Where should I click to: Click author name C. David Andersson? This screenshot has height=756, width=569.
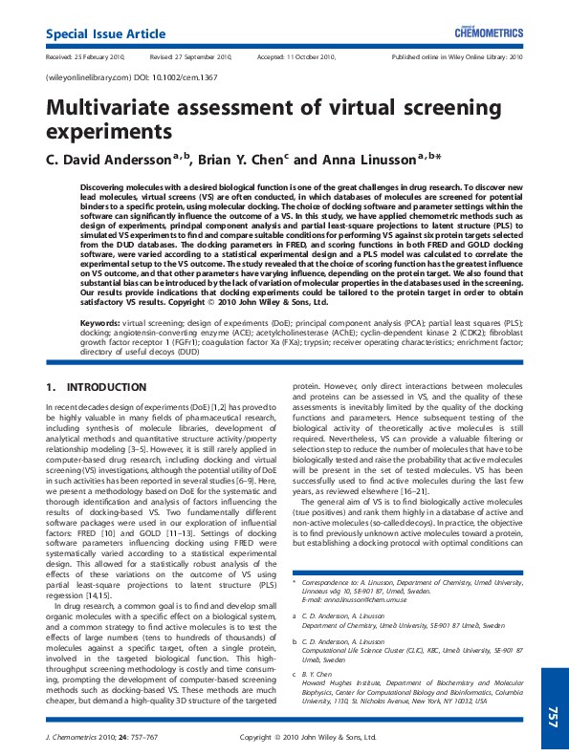click(115, 160)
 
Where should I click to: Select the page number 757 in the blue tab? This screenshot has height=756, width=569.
click(552, 717)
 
